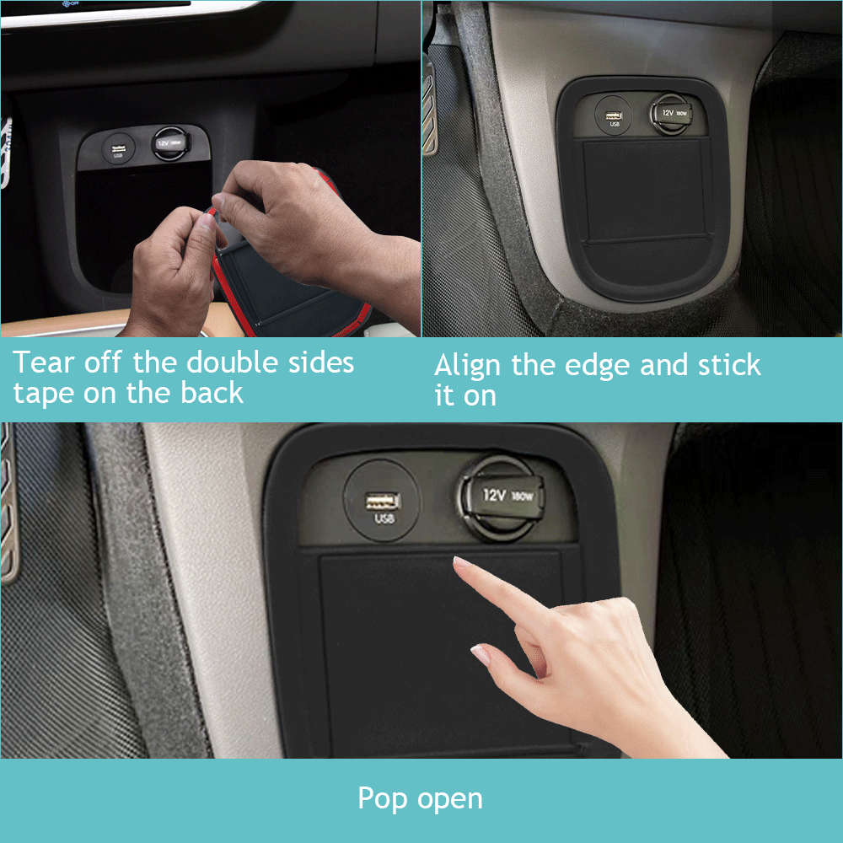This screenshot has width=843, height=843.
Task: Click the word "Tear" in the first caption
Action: click(x=44, y=362)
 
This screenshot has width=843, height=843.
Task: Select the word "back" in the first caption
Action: click(x=212, y=393)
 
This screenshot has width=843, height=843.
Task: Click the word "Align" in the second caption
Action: click(x=468, y=366)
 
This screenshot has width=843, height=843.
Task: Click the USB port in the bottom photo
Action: click(x=382, y=501)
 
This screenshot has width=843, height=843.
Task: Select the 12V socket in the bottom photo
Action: click(x=501, y=497)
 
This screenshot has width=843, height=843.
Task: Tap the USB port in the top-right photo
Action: click(x=613, y=115)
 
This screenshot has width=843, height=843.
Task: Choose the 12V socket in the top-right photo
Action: click(x=671, y=114)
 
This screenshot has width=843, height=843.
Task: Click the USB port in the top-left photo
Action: click(x=118, y=148)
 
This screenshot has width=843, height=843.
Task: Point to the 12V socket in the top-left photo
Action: click(x=170, y=143)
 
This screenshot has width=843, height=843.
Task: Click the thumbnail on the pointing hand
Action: click(x=481, y=655)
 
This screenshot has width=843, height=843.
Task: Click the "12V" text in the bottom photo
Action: click(x=493, y=495)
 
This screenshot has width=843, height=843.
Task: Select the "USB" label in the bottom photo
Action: click(x=384, y=518)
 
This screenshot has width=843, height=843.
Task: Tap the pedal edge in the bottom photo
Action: click(x=8, y=504)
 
